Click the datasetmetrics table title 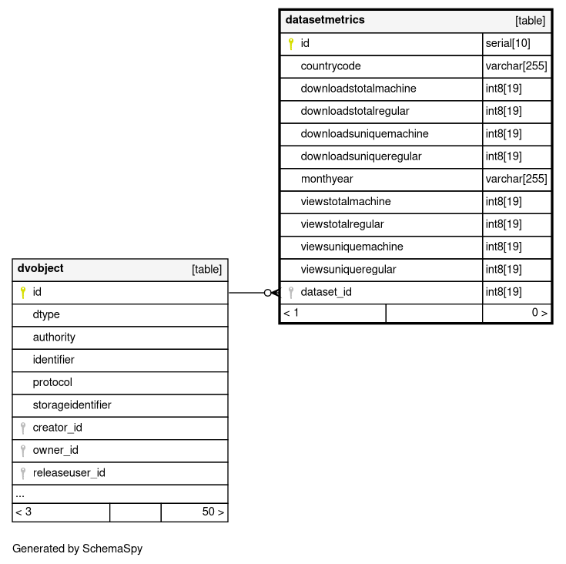[x=325, y=20]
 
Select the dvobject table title [x=40, y=269]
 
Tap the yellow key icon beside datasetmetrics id [x=291, y=44]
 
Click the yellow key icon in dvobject [x=22, y=293]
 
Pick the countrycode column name [x=330, y=66]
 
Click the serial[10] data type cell [x=508, y=43]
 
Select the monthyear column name [x=327, y=179]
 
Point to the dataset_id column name [x=326, y=292]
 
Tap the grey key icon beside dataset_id [x=291, y=292]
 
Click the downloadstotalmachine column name [x=358, y=89]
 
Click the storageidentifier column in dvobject [x=72, y=405]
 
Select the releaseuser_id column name [x=69, y=473]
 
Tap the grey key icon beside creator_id [x=22, y=428]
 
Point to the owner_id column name [x=55, y=451]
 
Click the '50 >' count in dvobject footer [x=213, y=512]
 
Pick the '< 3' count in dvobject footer [x=23, y=512]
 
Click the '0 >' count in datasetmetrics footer [x=539, y=313]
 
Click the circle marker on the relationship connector [x=267, y=293]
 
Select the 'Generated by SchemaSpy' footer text [x=77, y=549]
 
